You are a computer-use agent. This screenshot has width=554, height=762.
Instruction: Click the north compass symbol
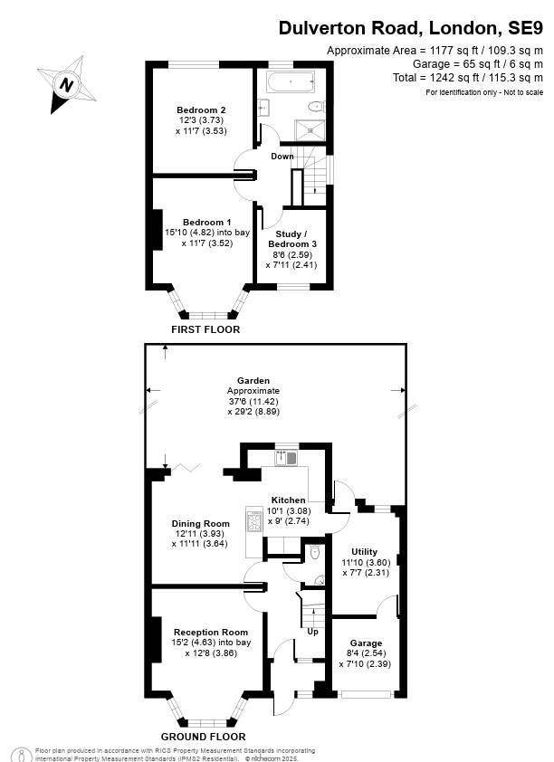66,86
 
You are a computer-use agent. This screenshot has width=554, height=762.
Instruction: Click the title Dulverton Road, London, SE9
411,29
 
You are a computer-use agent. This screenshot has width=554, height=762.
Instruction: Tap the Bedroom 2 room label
201,110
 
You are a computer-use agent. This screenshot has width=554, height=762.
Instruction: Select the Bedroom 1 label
206,223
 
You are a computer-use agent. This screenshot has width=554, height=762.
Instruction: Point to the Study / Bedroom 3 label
291,239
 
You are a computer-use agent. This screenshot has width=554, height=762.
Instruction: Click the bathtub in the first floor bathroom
290,82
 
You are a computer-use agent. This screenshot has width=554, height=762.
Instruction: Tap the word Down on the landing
282,157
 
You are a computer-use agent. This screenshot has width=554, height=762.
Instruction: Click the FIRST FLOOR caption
205,329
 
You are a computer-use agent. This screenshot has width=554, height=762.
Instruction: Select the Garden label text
253,381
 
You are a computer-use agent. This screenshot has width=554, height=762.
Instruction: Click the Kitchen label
289,500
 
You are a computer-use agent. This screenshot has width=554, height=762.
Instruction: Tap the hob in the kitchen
252,522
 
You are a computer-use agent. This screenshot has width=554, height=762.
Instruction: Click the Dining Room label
201,524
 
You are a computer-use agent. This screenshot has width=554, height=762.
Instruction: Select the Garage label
366,643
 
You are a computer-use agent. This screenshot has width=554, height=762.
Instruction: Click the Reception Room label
211,632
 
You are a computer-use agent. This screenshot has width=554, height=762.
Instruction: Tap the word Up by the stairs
313,632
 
